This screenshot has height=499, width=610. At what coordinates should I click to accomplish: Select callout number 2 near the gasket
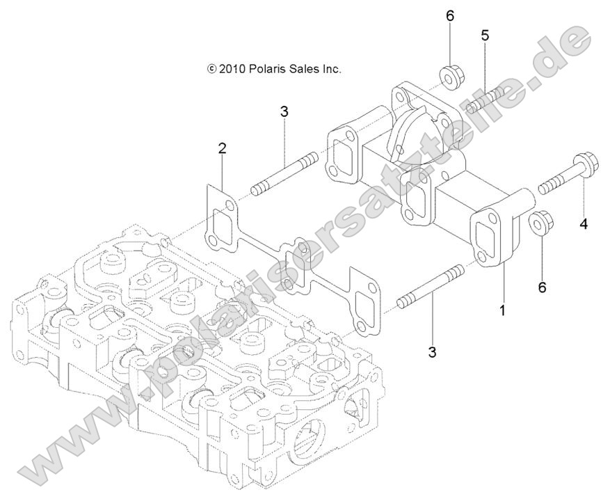[222, 148]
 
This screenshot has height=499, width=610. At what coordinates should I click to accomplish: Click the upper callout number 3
[284, 111]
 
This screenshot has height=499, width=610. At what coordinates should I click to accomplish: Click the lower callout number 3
[432, 353]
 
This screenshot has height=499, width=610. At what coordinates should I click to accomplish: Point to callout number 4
[584, 224]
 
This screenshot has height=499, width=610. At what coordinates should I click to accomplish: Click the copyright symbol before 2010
[211, 70]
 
